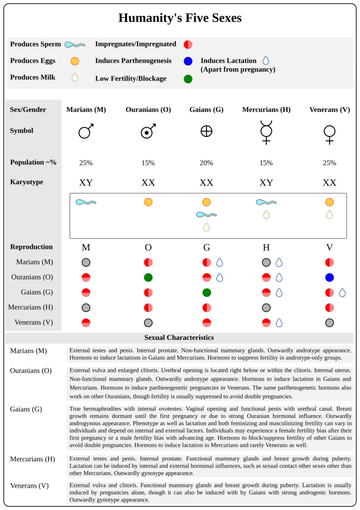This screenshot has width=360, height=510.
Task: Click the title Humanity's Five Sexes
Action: [180, 18]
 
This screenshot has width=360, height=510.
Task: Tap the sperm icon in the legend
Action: [75, 44]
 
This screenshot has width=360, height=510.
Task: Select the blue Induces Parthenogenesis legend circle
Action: [188, 61]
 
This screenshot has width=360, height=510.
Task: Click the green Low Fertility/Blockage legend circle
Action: [188, 79]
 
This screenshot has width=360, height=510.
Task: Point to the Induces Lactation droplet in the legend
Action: [266, 60]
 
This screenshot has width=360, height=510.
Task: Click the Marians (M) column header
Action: [86, 110]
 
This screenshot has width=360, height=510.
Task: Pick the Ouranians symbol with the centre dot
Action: [148, 131]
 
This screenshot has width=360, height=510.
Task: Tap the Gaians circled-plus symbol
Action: [206, 131]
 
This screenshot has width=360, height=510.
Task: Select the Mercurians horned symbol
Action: [266, 132]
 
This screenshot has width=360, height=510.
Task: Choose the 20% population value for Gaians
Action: [206, 163]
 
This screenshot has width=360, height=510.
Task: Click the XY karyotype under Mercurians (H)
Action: [266, 183]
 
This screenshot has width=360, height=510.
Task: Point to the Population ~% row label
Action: [33, 162]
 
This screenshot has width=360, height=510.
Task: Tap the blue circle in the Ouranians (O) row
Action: [329, 277]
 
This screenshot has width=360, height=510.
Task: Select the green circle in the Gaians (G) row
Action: [207, 292]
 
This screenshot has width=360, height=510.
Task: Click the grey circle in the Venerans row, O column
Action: [148, 323]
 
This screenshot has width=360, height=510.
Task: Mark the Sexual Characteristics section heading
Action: [179, 338]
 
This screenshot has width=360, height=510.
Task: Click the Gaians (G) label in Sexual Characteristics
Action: [26, 409]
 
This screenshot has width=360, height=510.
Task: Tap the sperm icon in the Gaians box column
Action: [207, 215]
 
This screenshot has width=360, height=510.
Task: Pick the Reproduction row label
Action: [31, 247]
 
